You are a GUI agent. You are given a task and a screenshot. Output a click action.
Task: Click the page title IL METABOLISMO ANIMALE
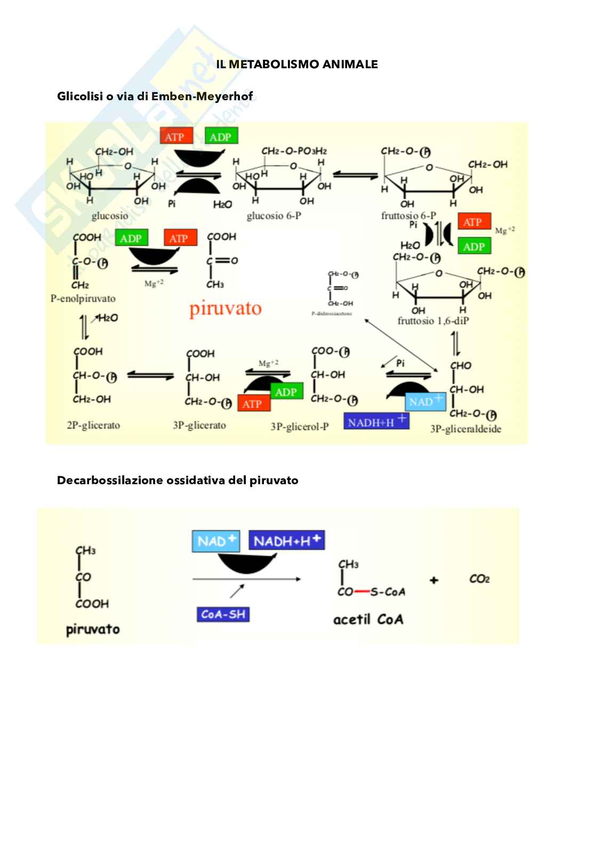(297, 65)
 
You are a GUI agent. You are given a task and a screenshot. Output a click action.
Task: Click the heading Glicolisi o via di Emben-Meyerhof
(155, 97)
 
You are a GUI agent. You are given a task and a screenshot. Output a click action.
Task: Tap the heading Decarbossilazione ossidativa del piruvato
(178, 480)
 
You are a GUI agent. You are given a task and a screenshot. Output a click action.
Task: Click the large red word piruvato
(226, 309)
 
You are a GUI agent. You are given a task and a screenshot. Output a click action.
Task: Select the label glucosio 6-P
(274, 216)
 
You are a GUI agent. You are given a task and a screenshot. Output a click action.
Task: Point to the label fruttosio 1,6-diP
(433, 321)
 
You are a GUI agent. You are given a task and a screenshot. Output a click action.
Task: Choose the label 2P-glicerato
(93, 426)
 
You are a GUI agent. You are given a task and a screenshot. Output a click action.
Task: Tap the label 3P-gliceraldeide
(465, 429)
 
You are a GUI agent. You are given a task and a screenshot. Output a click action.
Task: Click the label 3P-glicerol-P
(299, 427)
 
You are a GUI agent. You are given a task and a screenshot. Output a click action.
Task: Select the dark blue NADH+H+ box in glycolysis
(376, 421)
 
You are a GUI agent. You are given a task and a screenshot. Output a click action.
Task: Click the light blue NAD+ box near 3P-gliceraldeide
(425, 402)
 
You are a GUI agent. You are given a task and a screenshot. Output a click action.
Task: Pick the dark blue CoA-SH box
(223, 614)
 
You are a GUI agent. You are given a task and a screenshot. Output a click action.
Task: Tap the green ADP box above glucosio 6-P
(220, 137)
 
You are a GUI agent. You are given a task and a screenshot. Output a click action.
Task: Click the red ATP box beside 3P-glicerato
(253, 404)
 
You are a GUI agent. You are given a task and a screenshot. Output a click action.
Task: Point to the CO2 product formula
(479, 579)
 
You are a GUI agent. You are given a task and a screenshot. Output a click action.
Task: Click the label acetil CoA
(368, 620)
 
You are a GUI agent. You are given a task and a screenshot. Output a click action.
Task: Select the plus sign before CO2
(434, 580)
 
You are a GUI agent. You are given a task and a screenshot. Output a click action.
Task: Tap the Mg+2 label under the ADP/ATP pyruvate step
(154, 283)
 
